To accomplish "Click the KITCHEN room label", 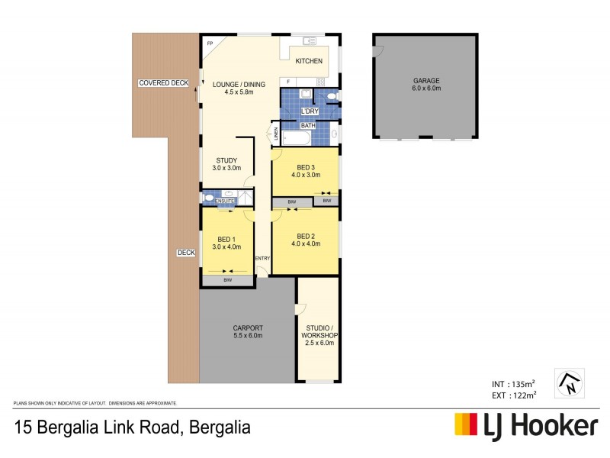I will (x=309, y=61).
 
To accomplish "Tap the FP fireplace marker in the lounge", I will (x=210, y=44).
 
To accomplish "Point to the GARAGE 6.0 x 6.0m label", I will (x=427, y=84).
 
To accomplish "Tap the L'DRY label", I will (x=310, y=111).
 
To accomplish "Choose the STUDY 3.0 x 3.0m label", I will (x=226, y=164).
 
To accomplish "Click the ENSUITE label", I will (x=224, y=201).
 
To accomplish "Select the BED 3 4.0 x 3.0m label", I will (x=305, y=171).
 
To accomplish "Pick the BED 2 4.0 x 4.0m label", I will (x=305, y=240).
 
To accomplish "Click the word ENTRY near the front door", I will (x=262, y=258).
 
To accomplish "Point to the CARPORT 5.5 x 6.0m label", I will (x=248, y=332).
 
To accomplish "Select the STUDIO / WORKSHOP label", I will (x=320, y=336).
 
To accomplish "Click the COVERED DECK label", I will (x=163, y=82).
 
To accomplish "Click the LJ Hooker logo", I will (x=526, y=425).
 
